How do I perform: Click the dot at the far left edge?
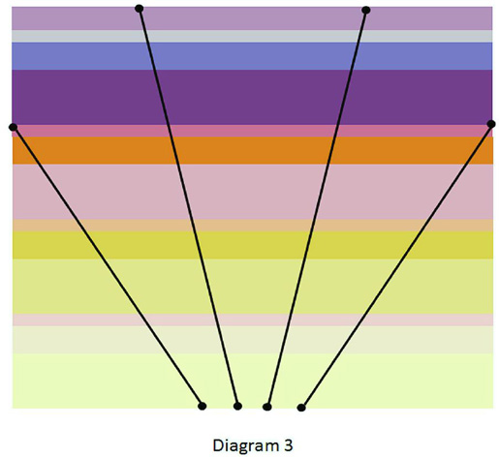[x=13, y=127]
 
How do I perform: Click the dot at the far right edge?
[x=491, y=124]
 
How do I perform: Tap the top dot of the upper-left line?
[x=139, y=9]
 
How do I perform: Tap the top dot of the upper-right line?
[x=365, y=11]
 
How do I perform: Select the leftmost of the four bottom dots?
[x=202, y=406]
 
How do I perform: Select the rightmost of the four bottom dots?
[x=301, y=408]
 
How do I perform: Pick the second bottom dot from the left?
[x=237, y=406]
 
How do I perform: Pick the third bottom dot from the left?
[x=267, y=407]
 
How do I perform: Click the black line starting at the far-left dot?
[x=108, y=266]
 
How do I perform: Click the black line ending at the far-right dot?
[x=396, y=265]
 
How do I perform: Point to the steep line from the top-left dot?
[x=188, y=207]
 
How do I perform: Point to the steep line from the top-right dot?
[x=317, y=208]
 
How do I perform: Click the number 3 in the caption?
[x=289, y=444]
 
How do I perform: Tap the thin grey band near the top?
[x=252, y=36]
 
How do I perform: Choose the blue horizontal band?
[x=252, y=56]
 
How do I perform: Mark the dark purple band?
[x=252, y=97]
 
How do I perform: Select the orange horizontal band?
[x=253, y=151]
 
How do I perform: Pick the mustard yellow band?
[x=253, y=245]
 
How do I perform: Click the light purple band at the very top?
[x=252, y=18]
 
